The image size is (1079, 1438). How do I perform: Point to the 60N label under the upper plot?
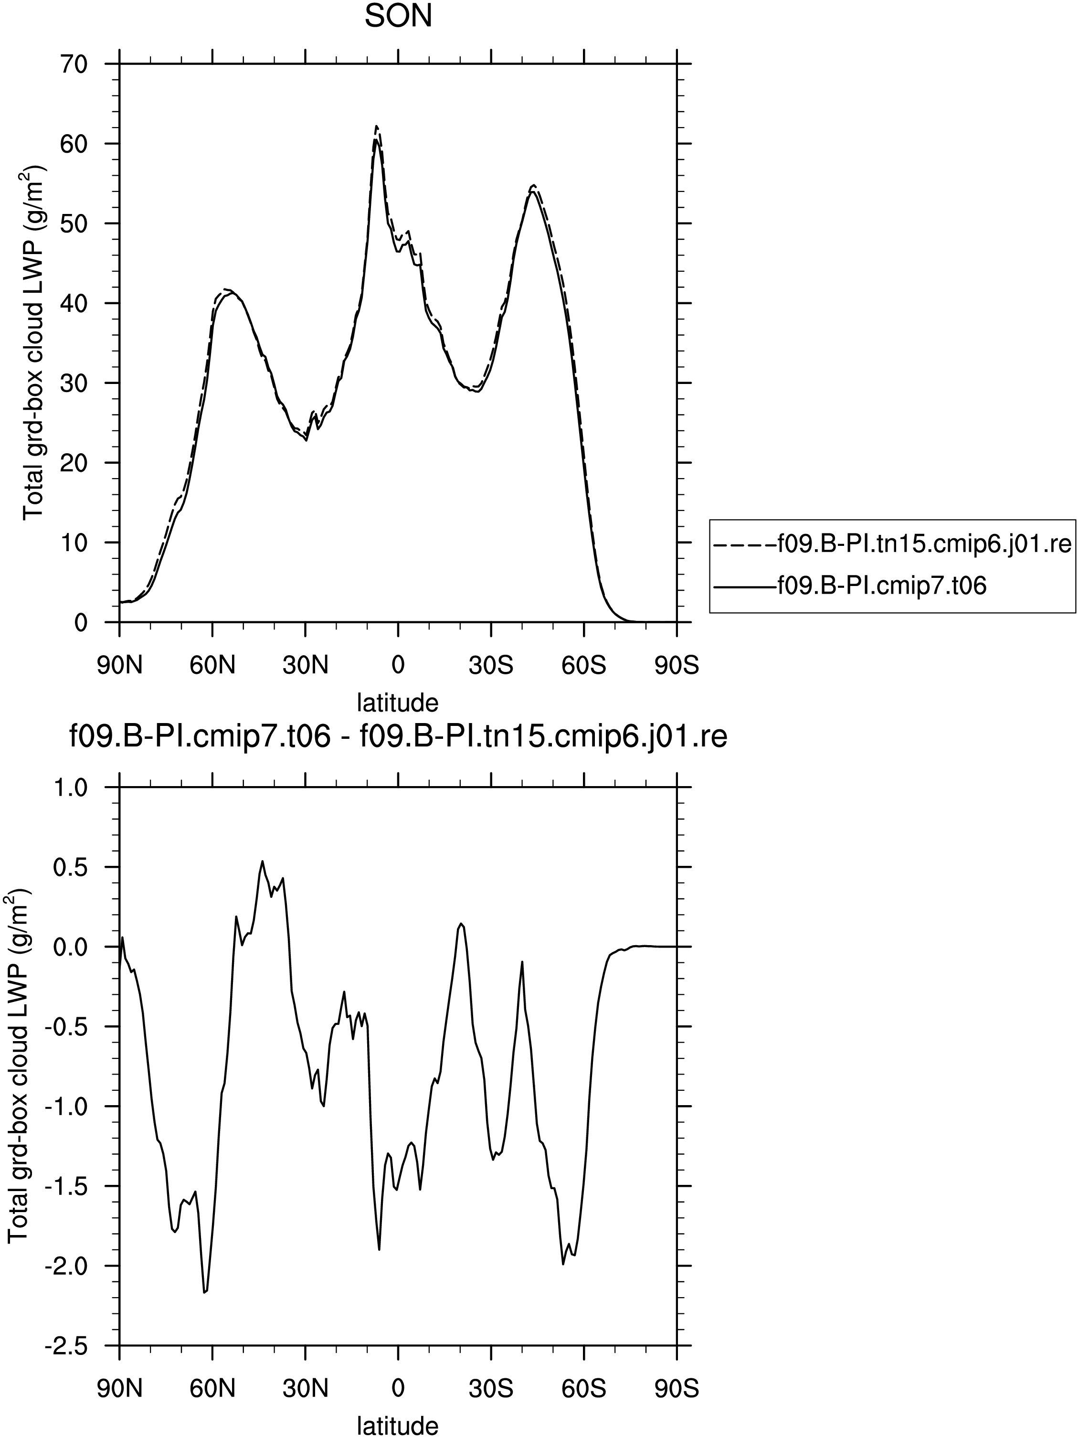[212, 666]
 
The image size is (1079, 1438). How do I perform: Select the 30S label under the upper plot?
[491, 666]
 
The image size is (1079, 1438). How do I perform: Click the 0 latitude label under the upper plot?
[398, 666]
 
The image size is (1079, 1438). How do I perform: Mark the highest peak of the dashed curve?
[376, 126]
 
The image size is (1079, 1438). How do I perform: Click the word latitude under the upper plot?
[398, 702]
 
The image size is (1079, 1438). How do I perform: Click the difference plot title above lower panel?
[398, 738]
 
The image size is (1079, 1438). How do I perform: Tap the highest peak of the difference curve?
[262, 862]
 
